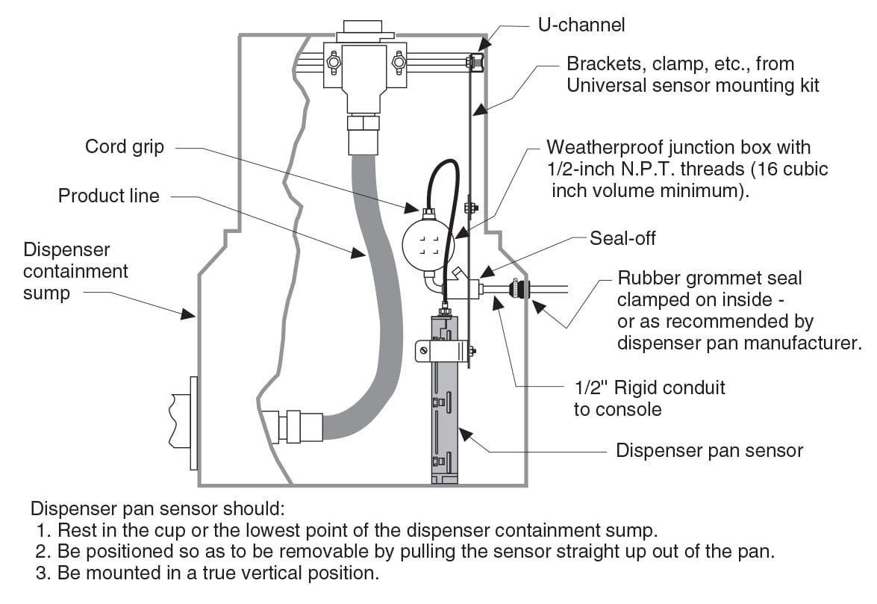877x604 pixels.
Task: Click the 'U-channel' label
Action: (x=581, y=25)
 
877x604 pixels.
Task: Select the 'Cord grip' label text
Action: (x=124, y=146)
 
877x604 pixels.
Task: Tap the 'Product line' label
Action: (x=109, y=196)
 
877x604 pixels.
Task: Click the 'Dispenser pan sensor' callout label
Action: (x=708, y=450)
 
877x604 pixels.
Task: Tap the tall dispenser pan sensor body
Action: (x=443, y=403)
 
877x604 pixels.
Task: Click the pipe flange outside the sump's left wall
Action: (x=193, y=423)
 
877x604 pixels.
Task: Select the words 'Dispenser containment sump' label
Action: (x=75, y=271)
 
